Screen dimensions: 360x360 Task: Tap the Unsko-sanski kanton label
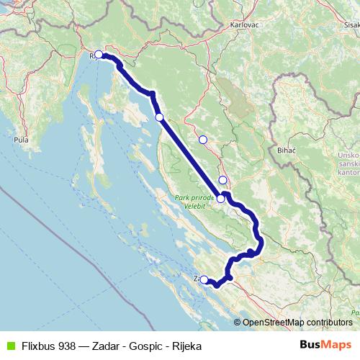coord(346,165)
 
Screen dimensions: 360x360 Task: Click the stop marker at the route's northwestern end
coord(99,54)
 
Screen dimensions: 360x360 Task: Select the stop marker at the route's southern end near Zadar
coord(204,279)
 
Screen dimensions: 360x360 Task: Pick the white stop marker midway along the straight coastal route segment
coord(159,117)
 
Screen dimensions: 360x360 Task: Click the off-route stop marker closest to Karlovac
coord(203,139)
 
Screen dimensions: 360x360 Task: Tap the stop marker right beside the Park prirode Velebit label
coord(220,199)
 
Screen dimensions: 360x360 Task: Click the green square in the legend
coord(10,345)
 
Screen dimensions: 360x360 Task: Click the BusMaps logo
coord(326,344)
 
